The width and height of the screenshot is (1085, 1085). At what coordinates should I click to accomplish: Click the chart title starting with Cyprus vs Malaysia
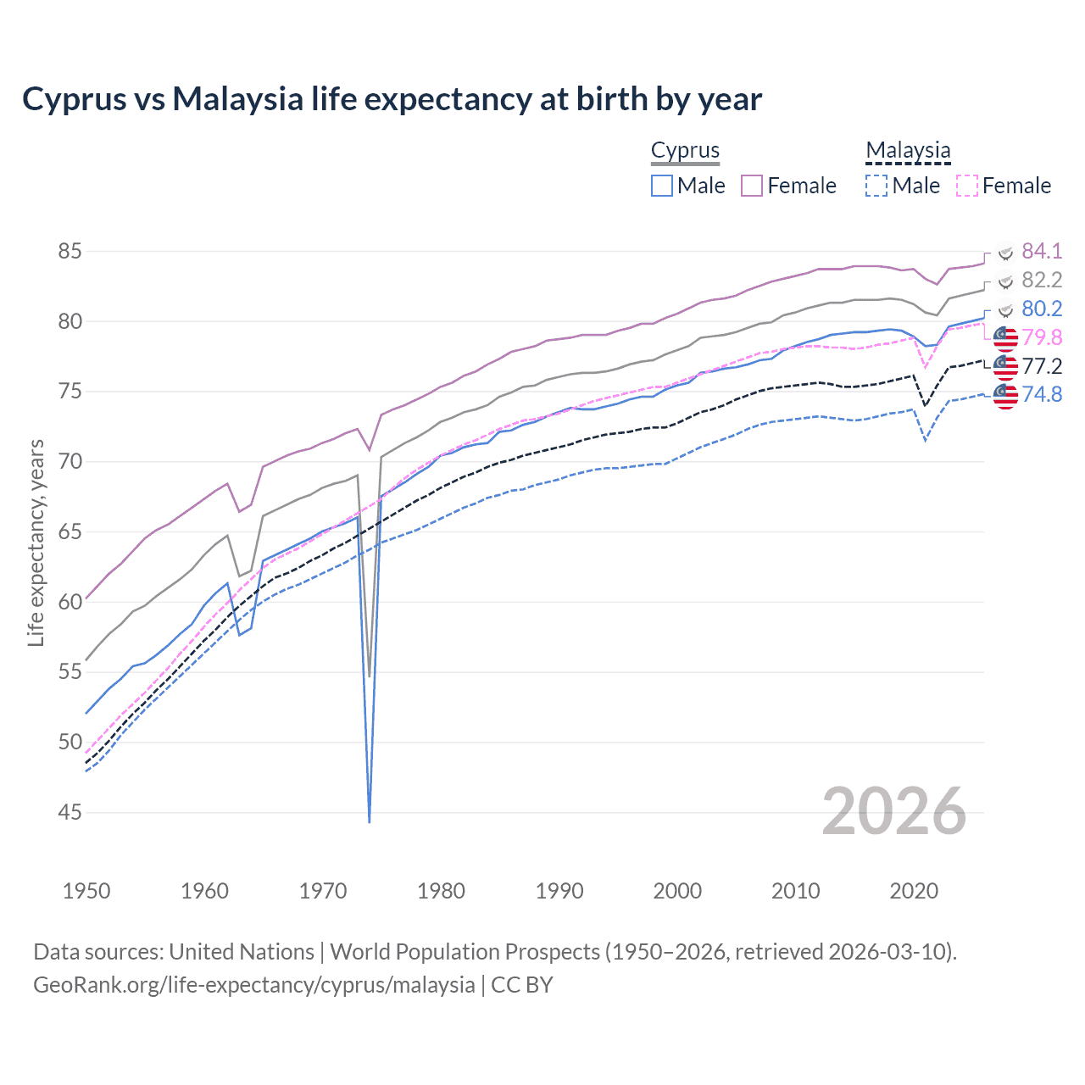click(x=392, y=99)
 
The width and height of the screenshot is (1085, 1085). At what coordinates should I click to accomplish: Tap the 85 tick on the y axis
click(x=70, y=252)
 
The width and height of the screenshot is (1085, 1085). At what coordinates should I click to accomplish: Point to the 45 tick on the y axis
click(x=70, y=813)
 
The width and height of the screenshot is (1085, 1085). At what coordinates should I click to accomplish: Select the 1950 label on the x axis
click(x=86, y=891)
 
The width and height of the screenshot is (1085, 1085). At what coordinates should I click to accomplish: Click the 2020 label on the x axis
click(x=914, y=891)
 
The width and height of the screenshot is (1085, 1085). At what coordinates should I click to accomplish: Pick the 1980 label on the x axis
click(x=441, y=891)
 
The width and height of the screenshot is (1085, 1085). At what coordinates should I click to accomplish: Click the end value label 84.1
click(x=1041, y=252)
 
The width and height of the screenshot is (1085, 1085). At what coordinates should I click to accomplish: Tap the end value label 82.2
click(x=1041, y=281)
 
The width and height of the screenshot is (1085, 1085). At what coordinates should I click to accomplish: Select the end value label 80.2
click(x=1041, y=309)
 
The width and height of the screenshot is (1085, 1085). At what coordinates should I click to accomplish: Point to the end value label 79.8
click(x=1041, y=338)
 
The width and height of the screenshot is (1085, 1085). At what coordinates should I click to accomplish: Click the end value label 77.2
click(x=1041, y=367)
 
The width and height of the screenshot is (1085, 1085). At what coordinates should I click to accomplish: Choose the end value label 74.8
click(x=1041, y=395)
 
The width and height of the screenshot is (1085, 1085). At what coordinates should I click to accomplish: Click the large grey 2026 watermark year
click(x=893, y=812)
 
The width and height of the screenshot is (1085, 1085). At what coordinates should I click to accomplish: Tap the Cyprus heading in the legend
click(x=685, y=151)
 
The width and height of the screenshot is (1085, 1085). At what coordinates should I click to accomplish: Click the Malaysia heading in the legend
click(x=908, y=151)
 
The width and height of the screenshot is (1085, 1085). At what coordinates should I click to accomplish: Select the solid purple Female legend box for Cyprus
click(x=752, y=186)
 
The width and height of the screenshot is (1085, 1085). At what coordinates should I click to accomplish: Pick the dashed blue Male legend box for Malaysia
click(x=876, y=186)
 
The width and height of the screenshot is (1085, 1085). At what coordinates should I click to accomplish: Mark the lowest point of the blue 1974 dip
click(x=370, y=821)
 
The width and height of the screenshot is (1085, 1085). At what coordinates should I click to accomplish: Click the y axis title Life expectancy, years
click(x=36, y=542)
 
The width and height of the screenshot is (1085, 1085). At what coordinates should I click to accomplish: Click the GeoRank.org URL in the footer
click(x=254, y=985)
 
